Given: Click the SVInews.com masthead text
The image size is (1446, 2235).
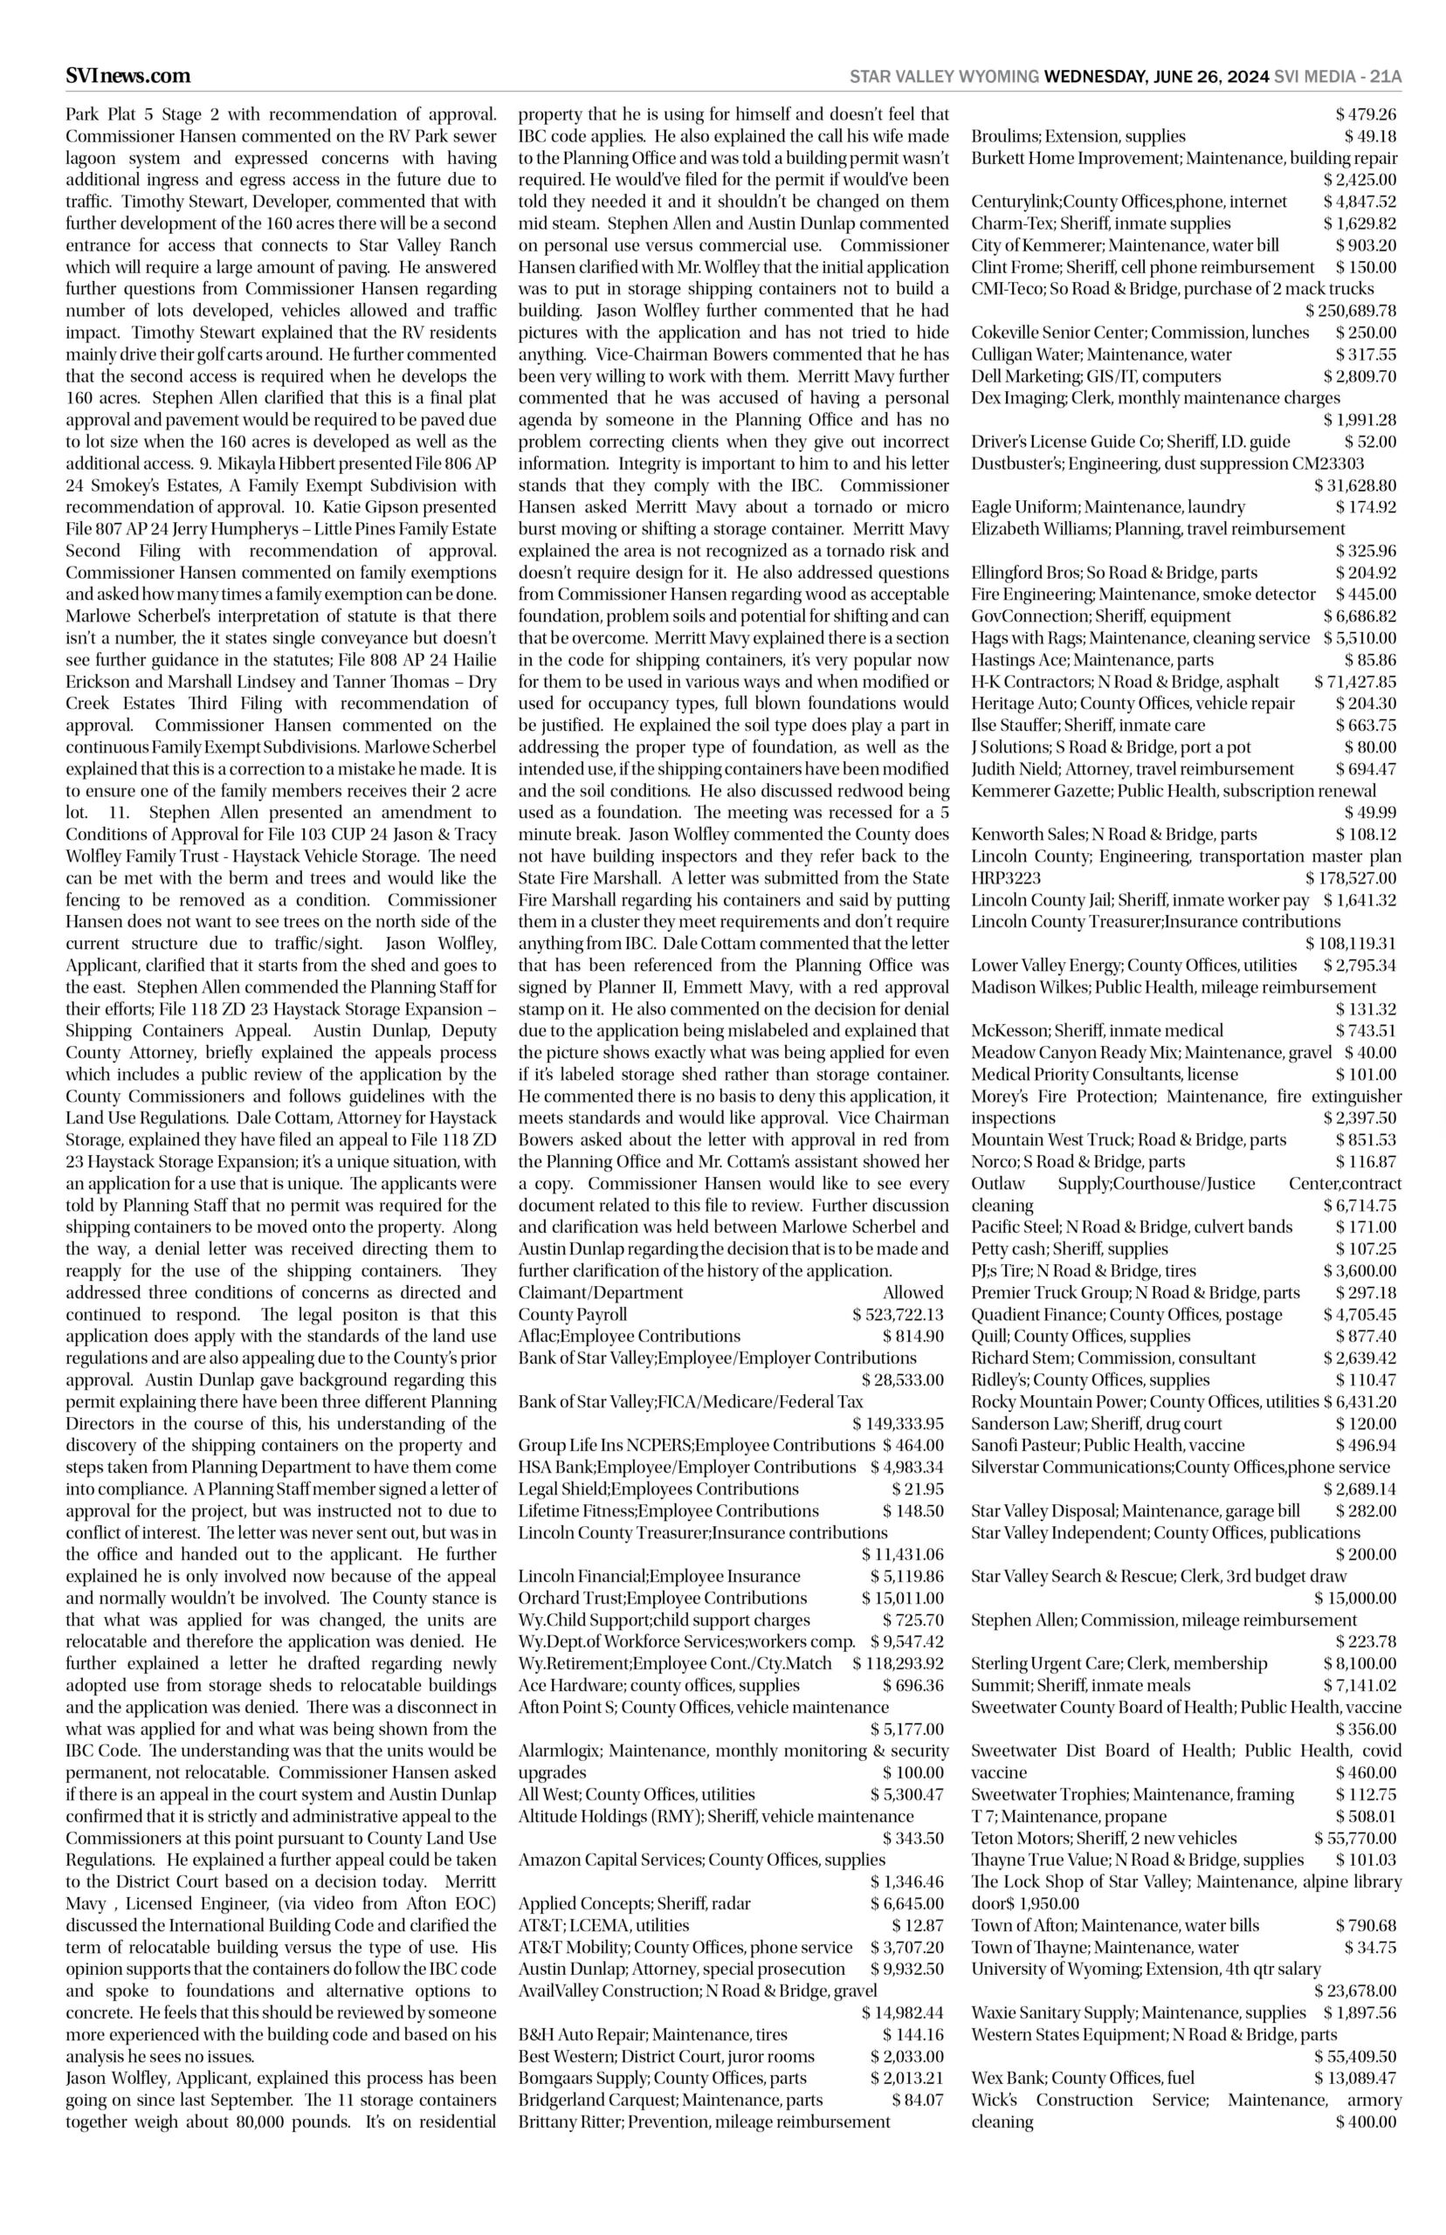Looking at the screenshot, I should [x=127, y=76].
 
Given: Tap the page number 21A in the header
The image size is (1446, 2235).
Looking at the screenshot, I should [x=1385, y=77].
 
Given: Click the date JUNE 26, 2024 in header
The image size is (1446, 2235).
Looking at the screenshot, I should [x=1211, y=77].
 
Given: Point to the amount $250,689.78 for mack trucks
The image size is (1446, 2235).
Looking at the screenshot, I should [x=1350, y=311].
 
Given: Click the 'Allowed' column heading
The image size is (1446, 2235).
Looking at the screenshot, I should [x=912, y=1294].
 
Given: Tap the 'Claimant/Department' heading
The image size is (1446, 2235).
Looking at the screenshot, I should [x=587, y=1294].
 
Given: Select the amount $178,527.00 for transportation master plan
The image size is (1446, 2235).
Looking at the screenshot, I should [x=1350, y=878].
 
